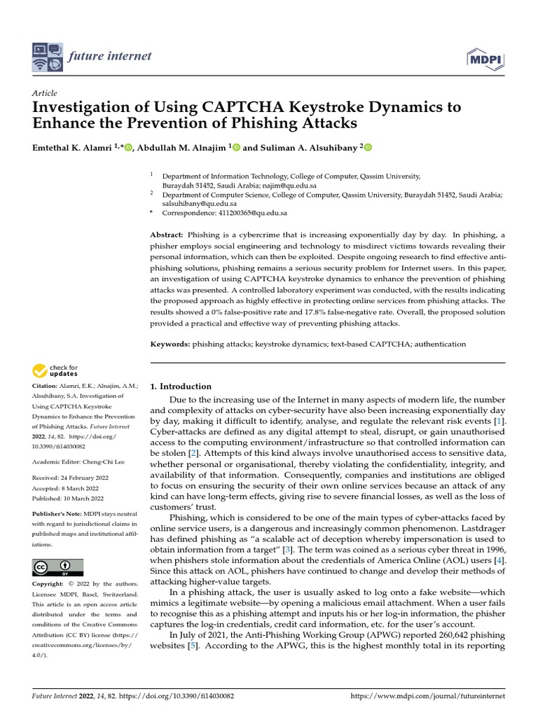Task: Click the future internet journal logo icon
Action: [46, 57]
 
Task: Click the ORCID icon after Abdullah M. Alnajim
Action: [235, 148]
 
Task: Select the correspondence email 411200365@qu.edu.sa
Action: [244, 212]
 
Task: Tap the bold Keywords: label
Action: [170, 344]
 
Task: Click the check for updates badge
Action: [56, 370]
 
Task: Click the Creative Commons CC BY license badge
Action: [57, 567]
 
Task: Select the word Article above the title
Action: [44, 93]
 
